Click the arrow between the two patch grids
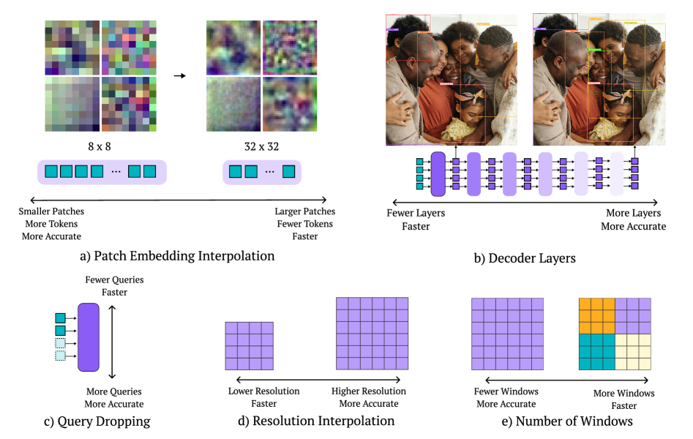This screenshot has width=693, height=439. pyautogui.click(x=179, y=75)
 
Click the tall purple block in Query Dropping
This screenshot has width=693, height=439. pyautogui.click(x=89, y=335)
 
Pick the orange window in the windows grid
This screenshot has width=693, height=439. pyautogui.click(x=596, y=315)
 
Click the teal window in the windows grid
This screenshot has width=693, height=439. pyautogui.click(x=596, y=351)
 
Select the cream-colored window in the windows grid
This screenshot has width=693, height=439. pyautogui.click(x=633, y=351)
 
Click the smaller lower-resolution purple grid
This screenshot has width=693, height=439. pyautogui.click(x=249, y=346)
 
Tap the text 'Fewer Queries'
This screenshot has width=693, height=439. pyautogui.click(x=115, y=279)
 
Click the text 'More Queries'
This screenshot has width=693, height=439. pyautogui.click(x=114, y=391)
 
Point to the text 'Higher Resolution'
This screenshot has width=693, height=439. pyautogui.click(x=369, y=391)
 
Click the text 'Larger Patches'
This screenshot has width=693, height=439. pyautogui.click(x=304, y=211)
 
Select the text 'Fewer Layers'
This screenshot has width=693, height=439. pyautogui.click(x=416, y=214)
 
